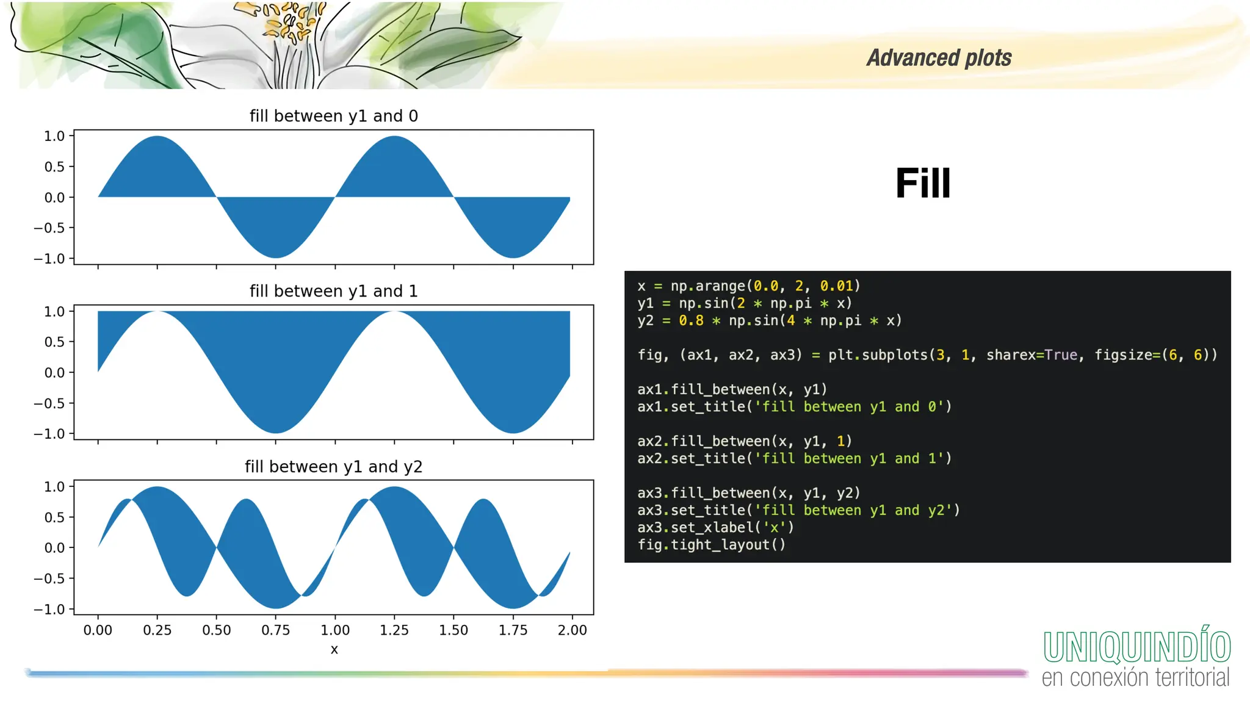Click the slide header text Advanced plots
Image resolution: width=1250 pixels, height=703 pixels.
pyautogui.click(x=939, y=58)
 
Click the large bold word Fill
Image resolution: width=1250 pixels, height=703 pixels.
pyautogui.click(x=922, y=183)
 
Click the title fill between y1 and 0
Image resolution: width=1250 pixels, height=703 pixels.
pyautogui.click(x=333, y=116)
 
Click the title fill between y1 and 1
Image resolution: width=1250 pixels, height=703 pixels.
pyautogui.click(x=333, y=291)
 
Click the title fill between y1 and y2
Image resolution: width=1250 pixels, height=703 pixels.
pyautogui.click(x=333, y=467)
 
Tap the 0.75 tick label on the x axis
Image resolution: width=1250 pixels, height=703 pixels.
pyautogui.click(x=276, y=630)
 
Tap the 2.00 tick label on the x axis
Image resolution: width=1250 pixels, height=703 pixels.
pyautogui.click(x=572, y=630)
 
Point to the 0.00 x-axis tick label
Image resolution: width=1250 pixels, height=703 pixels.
pyautogui.click(x=98, y=630)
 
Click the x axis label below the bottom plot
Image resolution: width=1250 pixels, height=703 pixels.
pyautogui.click(x=334, y=650)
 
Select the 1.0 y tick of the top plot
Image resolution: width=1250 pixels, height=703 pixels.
pyautogui.click(x=54, y=136)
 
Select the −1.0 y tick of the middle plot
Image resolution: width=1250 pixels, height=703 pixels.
pyautogui.click(x=49, y=434)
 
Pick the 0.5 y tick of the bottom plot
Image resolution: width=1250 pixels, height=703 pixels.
pyautogui.click(x=54, y=517)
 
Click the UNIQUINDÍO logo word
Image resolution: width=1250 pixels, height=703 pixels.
pyautogui.click(x=1136, y=647)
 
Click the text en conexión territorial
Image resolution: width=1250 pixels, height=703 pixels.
pyautogui.click(x=1135, y=678)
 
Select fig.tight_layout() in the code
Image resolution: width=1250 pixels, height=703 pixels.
pyautogui.click(x=712, y=545)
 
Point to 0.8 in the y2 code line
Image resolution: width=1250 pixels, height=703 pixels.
pyautogui.click(x=691, y=321)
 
